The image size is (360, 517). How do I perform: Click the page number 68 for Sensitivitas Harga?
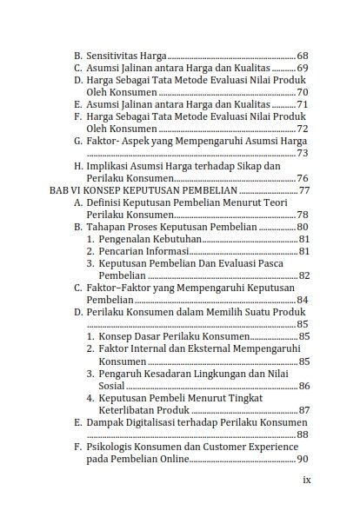pyautogui.click(x=303, y=53)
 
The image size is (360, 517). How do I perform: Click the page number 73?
pyautogui.click(x=303, y=153)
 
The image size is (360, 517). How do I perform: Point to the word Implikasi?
pyautogui.click(x=110, y=165)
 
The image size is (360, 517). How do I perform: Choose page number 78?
pyautogui.click(x=303, y=215)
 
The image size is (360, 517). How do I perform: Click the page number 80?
pyautogui.click(x=303, y=227)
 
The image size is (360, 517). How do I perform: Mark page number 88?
pyautogui.click(x=303, y=434)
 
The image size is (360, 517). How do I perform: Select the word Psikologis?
pyautogui.click(x=113, y=447)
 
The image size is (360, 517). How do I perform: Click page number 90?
pyautogui.click(x=303, y=459)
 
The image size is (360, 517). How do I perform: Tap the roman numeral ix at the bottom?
pyautogui.click(x=306, y=479)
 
